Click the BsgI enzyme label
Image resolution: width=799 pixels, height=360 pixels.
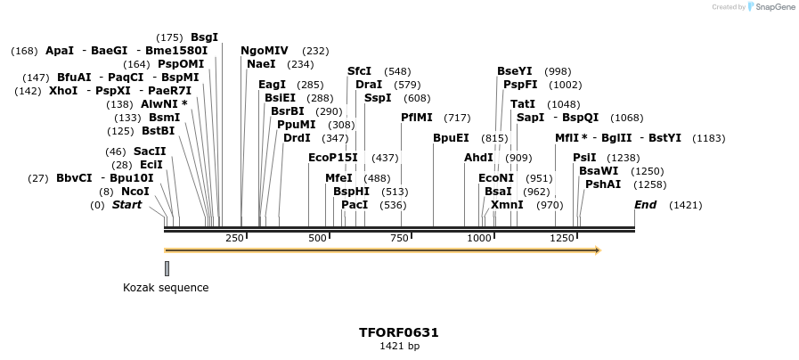[204, 37]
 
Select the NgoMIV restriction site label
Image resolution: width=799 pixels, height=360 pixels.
[265, 51]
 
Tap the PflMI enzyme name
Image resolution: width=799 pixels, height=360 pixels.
[417, 118]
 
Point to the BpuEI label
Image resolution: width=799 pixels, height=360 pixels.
[451, 138]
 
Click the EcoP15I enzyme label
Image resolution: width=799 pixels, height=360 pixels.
[332, 158]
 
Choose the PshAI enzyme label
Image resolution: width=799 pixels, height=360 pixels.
[603, 184]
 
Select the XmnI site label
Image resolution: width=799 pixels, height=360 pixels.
[507, 205]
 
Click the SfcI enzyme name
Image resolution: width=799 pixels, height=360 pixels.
[359, 71]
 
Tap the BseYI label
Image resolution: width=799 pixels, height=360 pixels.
[515, 71]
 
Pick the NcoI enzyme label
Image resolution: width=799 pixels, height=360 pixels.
[135, 192]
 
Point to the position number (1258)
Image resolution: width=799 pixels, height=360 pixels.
[649, 184]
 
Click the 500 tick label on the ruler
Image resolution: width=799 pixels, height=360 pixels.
[318, 239]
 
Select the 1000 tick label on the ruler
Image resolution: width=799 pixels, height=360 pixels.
[480, 239]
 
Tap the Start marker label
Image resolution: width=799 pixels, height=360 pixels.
[126, 205]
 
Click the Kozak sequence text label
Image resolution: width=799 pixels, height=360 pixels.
[166, 288]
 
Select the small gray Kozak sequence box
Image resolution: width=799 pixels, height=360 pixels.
[167, 268]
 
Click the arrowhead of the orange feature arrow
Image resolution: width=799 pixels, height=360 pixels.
[597, 250]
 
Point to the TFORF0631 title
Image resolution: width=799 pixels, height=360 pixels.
[399, 332]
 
